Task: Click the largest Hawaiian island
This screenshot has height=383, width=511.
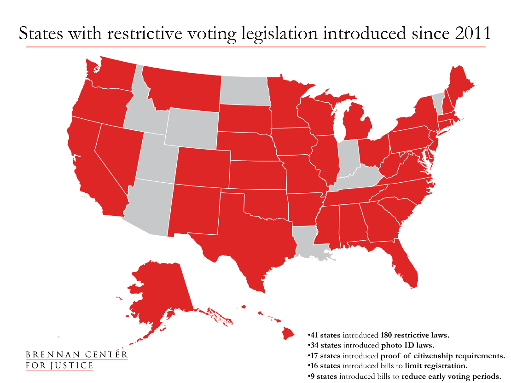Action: (x=288, y=332)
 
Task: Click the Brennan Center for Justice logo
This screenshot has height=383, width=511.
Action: (x=76, y=360)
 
